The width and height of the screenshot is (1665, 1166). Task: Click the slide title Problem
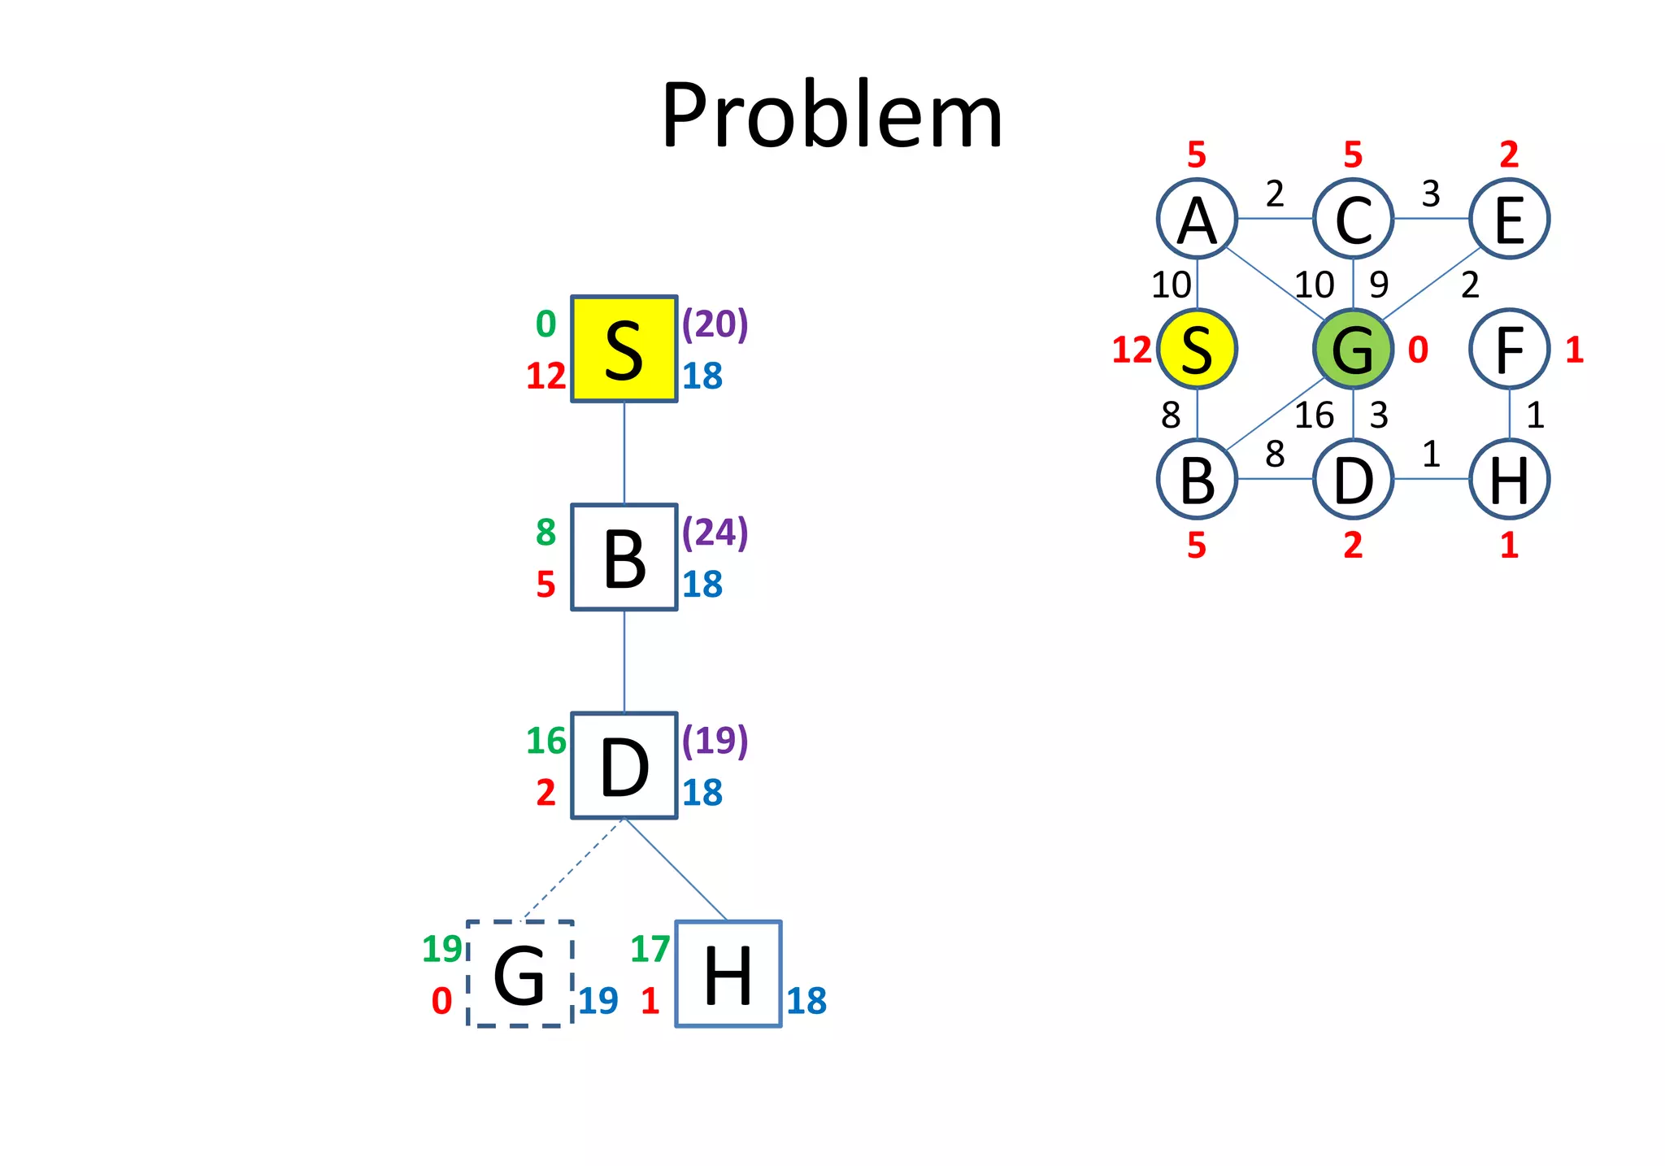pos(832,115)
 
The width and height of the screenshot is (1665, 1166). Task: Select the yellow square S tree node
pos(624,349)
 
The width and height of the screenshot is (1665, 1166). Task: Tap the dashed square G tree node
pos(520,974)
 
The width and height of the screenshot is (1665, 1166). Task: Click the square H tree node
pos(728,974)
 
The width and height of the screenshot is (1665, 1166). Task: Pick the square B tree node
pos(624,557)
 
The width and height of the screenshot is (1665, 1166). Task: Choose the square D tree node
pos(624,766)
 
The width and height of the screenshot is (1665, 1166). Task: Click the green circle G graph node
pos(1353,349)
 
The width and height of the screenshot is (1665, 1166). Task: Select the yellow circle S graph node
pos(1197,349)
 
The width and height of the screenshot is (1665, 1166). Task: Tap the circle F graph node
pos(1509,349)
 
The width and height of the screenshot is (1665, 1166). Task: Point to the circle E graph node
pos(1509,219)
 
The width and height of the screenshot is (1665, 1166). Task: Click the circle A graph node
pos(1197,219)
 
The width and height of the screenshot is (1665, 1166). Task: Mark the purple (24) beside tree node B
pos(715,533)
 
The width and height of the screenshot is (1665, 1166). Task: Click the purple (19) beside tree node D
pos(715,741)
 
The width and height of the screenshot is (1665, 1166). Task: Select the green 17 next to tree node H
pos(650,949)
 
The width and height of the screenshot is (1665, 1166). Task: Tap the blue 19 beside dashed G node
pos(598,1001)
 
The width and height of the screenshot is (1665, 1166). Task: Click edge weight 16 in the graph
pos(1314,415)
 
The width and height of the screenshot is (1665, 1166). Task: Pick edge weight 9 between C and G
pos(1379,285)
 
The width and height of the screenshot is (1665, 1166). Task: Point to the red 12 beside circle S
pos(1132,350)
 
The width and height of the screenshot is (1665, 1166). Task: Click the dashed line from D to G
pos(572,870)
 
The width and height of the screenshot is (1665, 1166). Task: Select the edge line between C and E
pos(1431,219)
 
